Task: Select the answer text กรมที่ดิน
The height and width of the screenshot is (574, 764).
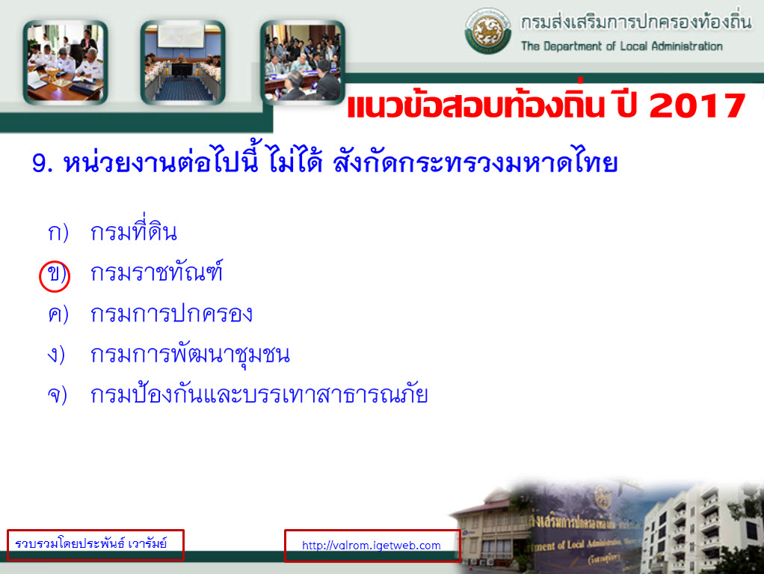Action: pyautogui.click(x=134, y=230)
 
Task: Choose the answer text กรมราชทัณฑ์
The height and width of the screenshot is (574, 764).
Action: pyautogui.click(x=156, y=272)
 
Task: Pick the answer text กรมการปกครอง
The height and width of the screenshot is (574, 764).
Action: pyautogui.click(x=171, y=314)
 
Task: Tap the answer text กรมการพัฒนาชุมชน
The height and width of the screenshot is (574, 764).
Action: pyautogui.click(x=190, y=355)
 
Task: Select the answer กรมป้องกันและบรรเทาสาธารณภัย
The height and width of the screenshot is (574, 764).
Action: pyautogui.click(x=259, y=394)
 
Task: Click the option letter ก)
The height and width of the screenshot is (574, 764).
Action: pyautogui.click(x=58, y=233)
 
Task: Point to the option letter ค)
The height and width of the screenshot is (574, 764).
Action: pyautogui.click(x=58, y=314)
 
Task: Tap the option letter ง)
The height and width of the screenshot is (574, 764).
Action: pyautogui.click(x=56, y=355)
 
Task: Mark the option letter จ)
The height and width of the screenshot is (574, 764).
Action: pyautogui.click(x=57, y=395)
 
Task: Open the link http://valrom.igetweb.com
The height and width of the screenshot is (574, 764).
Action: pyautogui.click(x=372, y=546)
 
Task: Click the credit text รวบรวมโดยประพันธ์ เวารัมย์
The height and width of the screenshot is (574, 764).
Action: pyautogui.click(x=91, y=543)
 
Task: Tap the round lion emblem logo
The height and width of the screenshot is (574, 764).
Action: pyautogui.click(x=487, y=30)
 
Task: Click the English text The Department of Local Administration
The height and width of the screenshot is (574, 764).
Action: pyautogui.click(x=622, y=46)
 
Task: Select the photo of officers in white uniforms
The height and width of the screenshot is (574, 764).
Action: pyautogui.click(x=65, y=62)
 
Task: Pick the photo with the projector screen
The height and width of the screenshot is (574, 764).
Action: pyautogui.click(x=182, y=62)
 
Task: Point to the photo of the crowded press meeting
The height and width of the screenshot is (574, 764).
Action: pyautogui.click(x=303, y=62)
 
